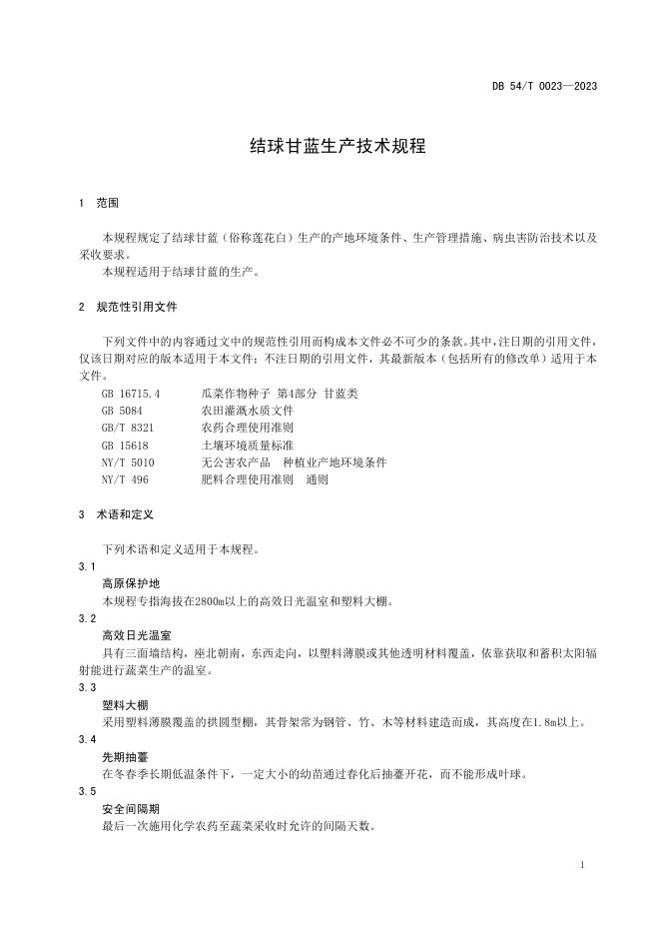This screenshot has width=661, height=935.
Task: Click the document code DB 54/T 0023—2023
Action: tap(544, 86)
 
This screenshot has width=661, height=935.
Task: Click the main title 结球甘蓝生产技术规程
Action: tap(337, 146)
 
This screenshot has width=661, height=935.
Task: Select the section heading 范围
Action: tap(108, 203)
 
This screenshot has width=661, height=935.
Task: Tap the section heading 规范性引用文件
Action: tap(137, 308)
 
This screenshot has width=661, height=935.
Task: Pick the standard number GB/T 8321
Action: tap(127, 428)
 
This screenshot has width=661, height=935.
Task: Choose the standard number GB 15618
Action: tap(125, 445)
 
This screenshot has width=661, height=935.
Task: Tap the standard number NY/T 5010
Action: tap(128, 462)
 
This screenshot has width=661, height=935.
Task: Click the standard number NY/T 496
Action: tap(125, 478)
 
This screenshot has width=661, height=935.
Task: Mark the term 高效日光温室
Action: tap(136, 635)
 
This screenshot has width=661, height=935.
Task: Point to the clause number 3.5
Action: tap(87, 791)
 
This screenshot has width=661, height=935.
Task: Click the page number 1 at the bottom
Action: tap(581, 865)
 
